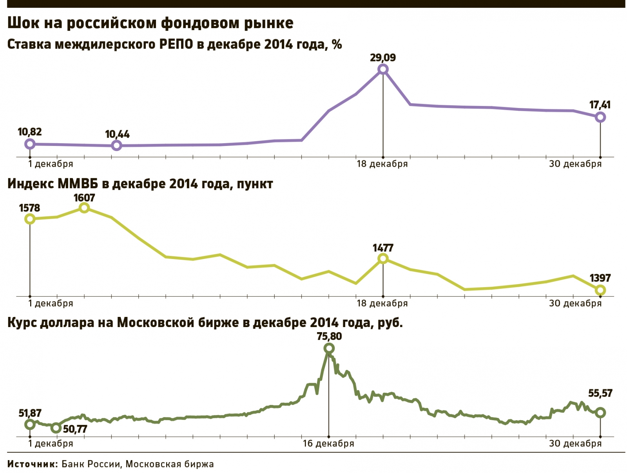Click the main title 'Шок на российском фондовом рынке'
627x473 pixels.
[x=150, y=23]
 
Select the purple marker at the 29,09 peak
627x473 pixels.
[x=383, y=70]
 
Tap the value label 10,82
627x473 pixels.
[x=30, y=132]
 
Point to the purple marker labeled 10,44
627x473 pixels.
[x=116, y=146]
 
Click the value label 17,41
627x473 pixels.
[x=600, y=105]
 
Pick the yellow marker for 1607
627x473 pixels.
[x=84, y=208]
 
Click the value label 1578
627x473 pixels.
[x=30, y=208]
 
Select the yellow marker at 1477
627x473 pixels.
[x=383, y=259]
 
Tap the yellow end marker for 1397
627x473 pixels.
[x=600, y=290]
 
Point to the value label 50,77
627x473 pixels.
[x=75, y=429]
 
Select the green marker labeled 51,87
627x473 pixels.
[x=30, y=424]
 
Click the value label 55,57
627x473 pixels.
[x=600, y=393]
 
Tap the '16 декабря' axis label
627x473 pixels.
[x=328, y=444]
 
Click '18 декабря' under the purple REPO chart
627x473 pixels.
[x=382, y=164]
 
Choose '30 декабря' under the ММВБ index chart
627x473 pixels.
[x=575, y=304]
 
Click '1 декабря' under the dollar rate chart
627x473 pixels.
[x=51, y=444]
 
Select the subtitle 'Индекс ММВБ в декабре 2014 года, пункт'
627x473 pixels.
[x=140, y=183]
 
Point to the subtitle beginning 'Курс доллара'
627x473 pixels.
[x=205, y=323]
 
